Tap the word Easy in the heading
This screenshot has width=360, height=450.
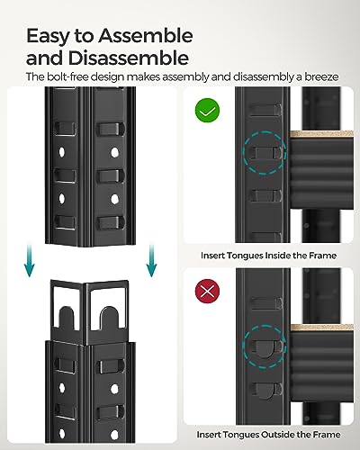[x=51, y=37]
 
